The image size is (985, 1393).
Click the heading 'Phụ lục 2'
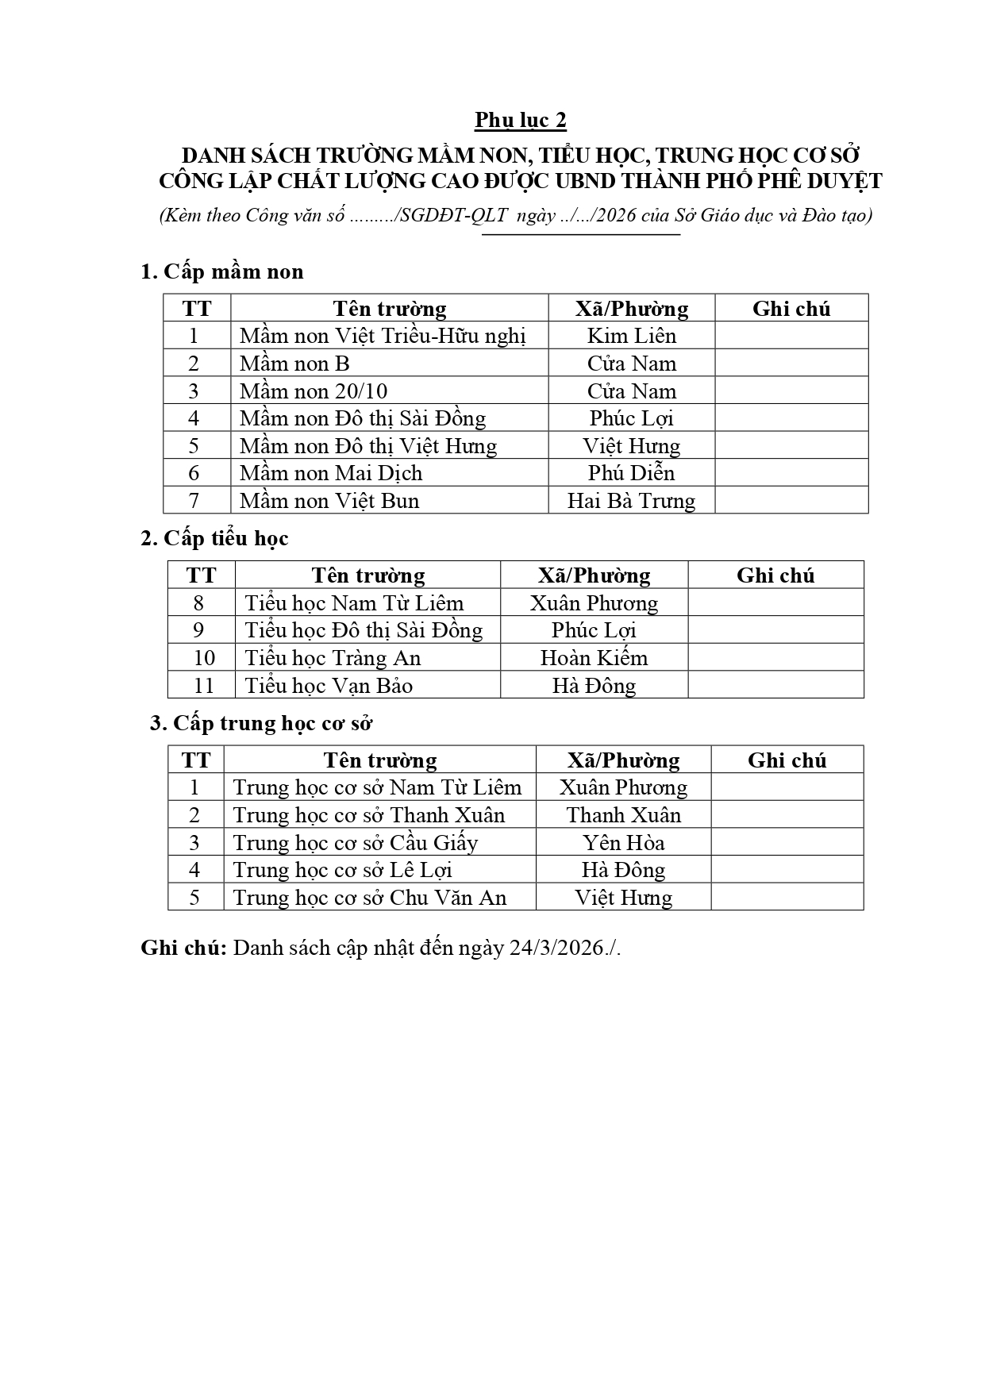pyautogui.click(x=521, y=120)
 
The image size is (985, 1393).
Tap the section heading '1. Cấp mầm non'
pyautogui.click(x=222, y=271)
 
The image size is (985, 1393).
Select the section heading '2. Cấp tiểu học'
pyautogui.click(x=214, y=538)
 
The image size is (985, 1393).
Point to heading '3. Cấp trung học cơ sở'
pyautogui.click(x=261, y=723)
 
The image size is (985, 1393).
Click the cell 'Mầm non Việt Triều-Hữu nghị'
pyautogui.click(x=383, y=336)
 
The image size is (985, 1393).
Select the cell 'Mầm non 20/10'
pyautogui.click(x=314, y=391)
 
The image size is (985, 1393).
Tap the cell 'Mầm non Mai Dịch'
pyautogui.click(x=331, y=473)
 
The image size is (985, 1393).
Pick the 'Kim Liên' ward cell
pyautogui.click(x=632, y=336)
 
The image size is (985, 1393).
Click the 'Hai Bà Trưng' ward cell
pyautogui.click(x=631, y=501)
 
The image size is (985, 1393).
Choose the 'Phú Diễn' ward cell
pyautogui.click(x=632, y=473)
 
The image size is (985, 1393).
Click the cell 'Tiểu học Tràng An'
pyautogui.click(x=333, y=658)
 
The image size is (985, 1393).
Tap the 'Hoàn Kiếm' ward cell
pyautogui.click(x=594, y=658)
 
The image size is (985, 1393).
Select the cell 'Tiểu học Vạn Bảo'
pyautogui.click(x=329, y=686)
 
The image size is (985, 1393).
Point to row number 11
pyautogui.click(x=204, y=686)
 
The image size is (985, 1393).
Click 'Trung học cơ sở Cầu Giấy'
pyautogui.click(x=356, y=843)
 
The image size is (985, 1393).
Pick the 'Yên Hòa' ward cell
pyautogui.click(x=624, y=843)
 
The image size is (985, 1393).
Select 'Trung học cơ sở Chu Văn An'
pyautogui.click(x=370, y=898)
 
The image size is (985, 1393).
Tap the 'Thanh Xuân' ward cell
pyautogui.click(x=624, y=815)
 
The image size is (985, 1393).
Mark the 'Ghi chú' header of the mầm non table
pyautogui.click(x=791, y=309)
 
